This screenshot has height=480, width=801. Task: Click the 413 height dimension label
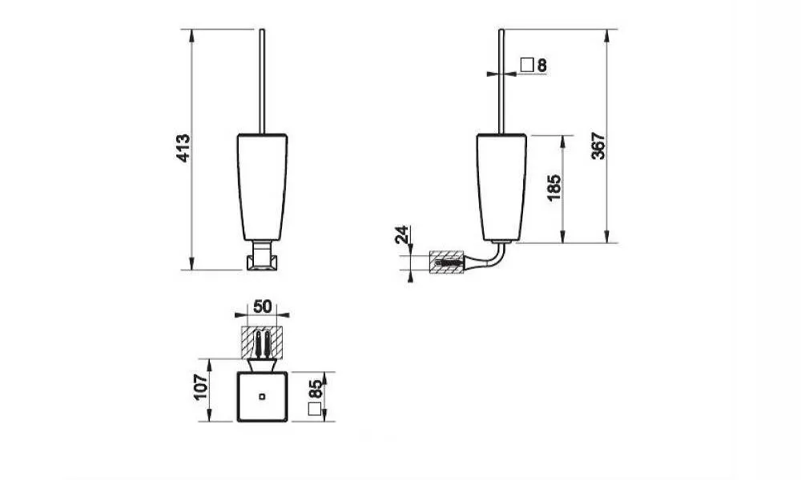pyautogui.click(x=183, y=148)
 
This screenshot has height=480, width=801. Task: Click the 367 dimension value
pyautogui.click(x=598, y=146)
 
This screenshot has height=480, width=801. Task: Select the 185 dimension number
pyautogui.click(x=554, y=188)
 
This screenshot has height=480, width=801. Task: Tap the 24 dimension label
pyautogui.click(x=403, y=234)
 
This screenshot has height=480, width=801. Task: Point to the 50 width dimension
pyautogui.click(x=262, y=306)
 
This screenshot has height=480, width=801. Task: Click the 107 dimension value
pyautogui.click(x=202, y=387)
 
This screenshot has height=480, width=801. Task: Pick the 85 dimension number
pyautogui.click(x=316, y=390)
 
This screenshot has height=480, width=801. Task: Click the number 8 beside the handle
pyautogui.click(x=542, y=66)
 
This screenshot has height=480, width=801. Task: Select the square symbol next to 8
pyautogui.click(x=527, y=65)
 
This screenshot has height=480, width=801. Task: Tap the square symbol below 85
pyautogui.click(x=315, y=409)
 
